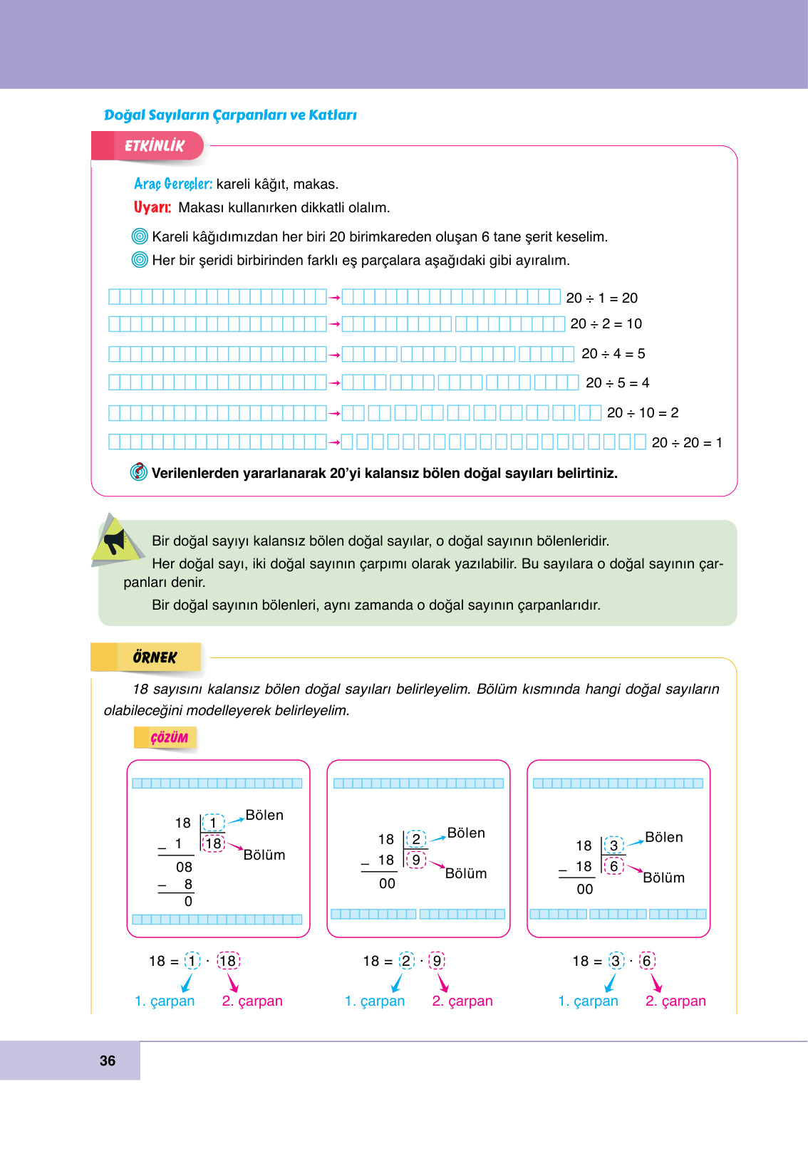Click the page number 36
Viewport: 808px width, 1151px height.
(x=108, y=1061)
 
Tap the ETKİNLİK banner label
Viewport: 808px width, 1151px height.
(x=154, y=146)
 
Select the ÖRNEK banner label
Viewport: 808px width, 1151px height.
(x=155, y=657)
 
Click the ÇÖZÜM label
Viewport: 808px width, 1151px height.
(x=169, y=738)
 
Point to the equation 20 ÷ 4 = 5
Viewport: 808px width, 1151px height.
(x=613, y=354)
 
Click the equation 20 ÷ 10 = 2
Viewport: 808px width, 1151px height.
(x=642, y=413)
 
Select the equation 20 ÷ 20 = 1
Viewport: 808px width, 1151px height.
(x=687, y=443)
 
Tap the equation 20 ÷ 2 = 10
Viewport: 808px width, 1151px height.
(x=606, y=324)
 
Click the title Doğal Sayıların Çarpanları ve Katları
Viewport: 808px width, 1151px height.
(x=230, y=115)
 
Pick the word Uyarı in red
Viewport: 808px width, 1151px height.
(x=152, y=208)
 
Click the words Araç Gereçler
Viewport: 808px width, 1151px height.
(x=173, y=184)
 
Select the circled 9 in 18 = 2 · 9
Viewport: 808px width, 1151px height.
(x=437, y=961)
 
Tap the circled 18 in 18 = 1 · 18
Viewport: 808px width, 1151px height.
(x=228, y=961)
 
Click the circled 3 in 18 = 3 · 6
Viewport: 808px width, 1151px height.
(x=616, y=961)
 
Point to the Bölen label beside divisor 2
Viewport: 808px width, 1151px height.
(x=466, y=833)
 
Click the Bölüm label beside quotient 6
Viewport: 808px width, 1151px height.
(x=663, y=878)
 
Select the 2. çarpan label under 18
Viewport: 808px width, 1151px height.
(x=252, y=1001)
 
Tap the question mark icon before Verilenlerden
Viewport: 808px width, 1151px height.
(x=139, y=472)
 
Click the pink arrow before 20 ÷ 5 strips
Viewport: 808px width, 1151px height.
(x=334, y=383)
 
